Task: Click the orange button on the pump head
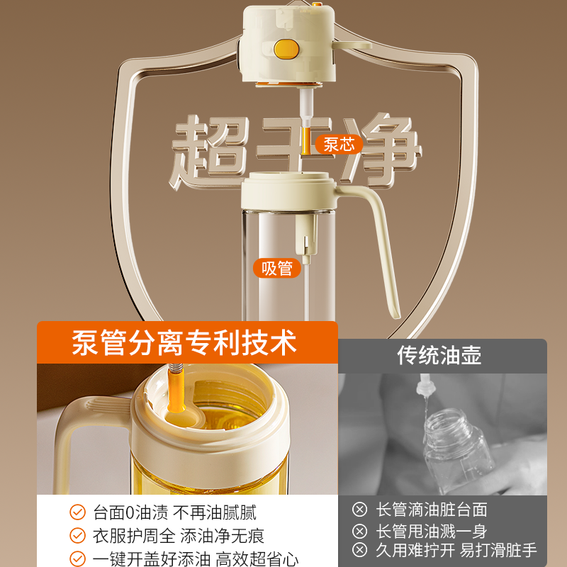(283, 47)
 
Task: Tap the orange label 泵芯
(338, 145)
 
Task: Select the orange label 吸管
(276, 268)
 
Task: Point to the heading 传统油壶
(439, 355)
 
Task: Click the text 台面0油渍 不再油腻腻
(174, 512)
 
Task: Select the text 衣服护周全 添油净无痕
(179, 535)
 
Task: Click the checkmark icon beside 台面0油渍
(77, 512)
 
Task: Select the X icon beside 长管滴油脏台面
(360, 510)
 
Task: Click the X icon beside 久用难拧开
(360, 551)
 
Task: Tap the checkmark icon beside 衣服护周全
(77, 535)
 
